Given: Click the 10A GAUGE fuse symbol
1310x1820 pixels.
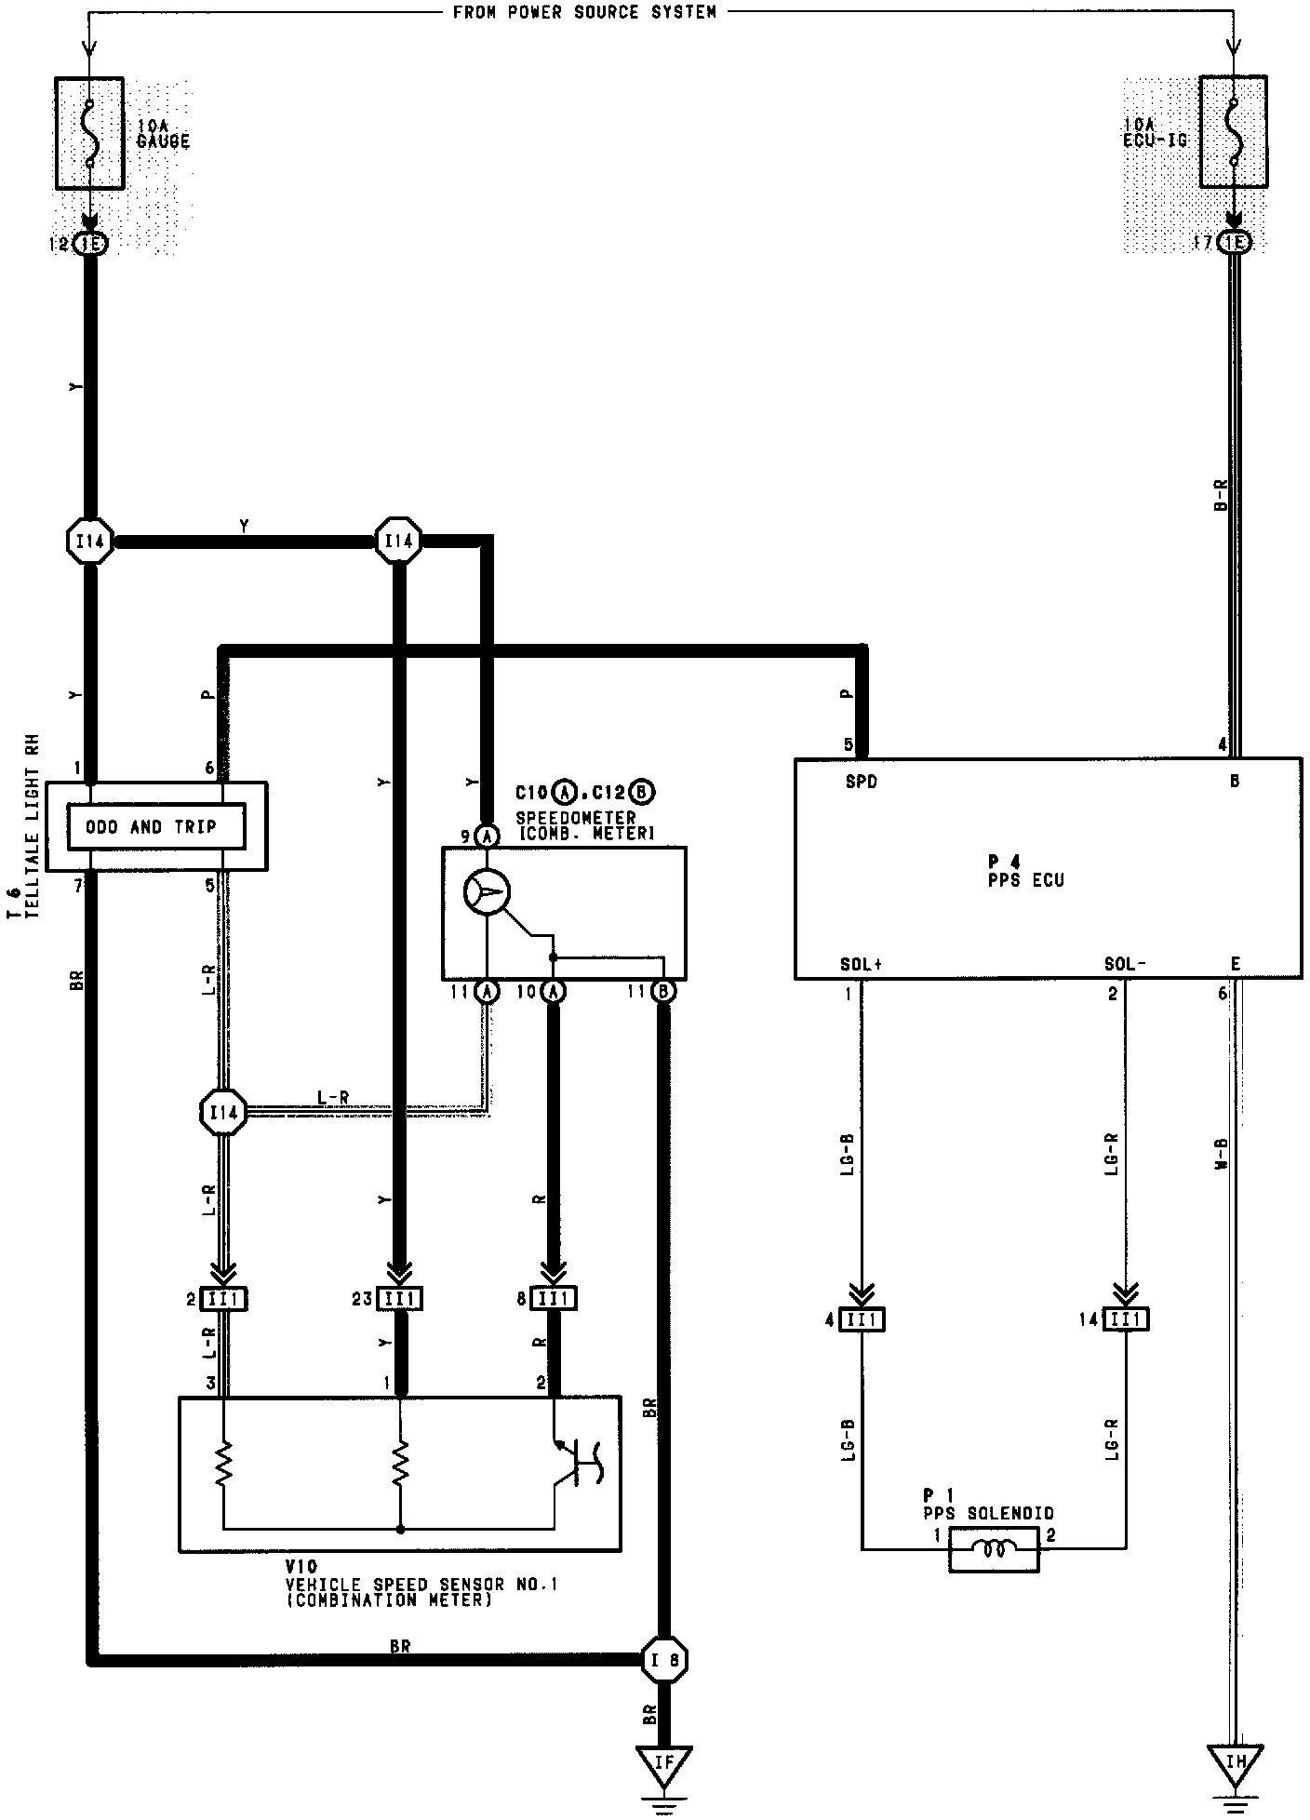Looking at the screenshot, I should pyautogui.click(x=89, y=133).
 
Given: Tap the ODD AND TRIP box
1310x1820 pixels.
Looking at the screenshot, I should pyautogui.click(x=156, y=827).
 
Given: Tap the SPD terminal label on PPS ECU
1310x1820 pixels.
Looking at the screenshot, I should pyautogui.click(x=861, y=782).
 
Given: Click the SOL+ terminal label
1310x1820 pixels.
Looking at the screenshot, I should pyautogui.click(x=860, y=964).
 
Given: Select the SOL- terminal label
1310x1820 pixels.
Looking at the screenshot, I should pyautogui.click(x=1124, y=964).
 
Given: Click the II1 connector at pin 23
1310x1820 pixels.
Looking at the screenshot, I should pyautogui.click(x=399, y=1298).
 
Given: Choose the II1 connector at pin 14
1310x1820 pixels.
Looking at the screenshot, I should pyautogui.click(x=1126, y=1318).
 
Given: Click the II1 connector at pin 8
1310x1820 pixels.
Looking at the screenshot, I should pyautogui.click(x=554, y=1298).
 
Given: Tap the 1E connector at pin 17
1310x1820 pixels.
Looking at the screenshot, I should pyautogui.click(x=1235, y=243).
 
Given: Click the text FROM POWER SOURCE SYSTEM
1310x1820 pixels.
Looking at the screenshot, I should pyautogui.click(x=584, y=12).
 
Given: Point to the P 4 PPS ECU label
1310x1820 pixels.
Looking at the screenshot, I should pyautogui.click(x=1025, y=871).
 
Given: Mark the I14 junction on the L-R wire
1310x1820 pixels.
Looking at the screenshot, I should pyautogui.click(x=223, y=1112).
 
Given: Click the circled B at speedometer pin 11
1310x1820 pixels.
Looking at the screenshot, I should pyautogui.click(x=664, y=992).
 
